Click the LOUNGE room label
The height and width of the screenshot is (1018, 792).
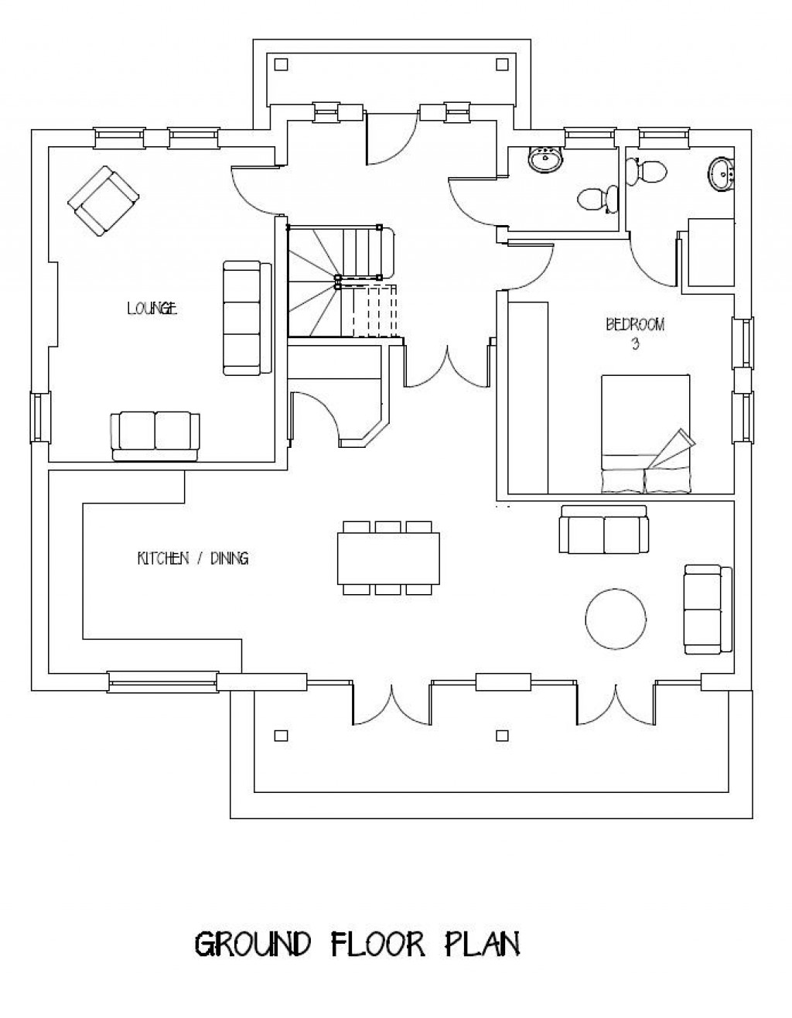152,309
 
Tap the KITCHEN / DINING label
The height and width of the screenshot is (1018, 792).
193,558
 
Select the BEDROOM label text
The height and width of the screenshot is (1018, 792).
634,325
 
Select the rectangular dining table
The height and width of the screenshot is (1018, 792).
388,558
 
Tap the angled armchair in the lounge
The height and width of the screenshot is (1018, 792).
104,200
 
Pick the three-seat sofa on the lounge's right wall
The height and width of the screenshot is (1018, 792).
246,317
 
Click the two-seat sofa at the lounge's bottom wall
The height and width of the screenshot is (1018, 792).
155,436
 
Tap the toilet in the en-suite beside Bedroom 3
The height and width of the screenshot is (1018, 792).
647,170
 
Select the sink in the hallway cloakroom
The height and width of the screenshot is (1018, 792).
546,160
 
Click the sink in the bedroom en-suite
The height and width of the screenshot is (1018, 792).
721,173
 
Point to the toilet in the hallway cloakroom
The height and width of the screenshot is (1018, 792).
597,199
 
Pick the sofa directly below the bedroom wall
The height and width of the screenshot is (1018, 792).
603,530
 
